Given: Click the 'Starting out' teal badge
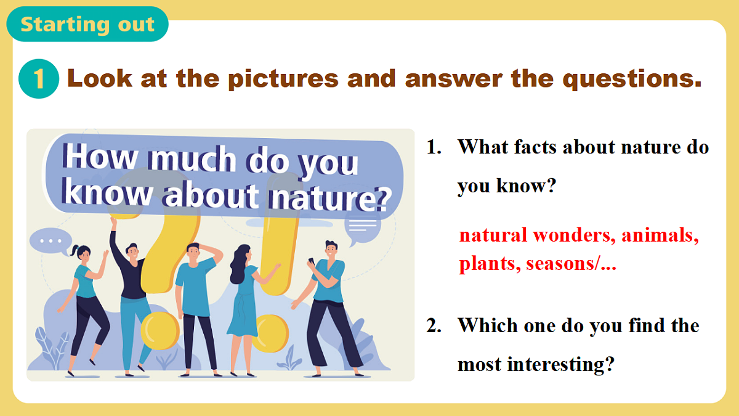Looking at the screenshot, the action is click(x=87, y=24).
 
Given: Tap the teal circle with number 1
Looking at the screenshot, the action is click(x=39, y=79).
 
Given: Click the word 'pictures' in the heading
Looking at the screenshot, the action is click(x=283, y=80).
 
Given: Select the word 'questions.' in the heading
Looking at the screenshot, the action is click(x=632, y=80).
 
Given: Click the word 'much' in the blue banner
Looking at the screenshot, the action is click(x=193, y=159).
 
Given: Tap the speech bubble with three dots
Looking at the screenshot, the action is click(x=50, y=241).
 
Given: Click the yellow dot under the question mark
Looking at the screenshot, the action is click(x=160, y=330).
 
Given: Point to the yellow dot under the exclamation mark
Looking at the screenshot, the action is click(x=271, y=333).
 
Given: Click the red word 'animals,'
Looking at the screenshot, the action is click(x=660, y=235).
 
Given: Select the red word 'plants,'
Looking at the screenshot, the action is click(x=490, y=264).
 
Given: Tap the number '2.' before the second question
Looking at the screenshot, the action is click(x=434, y=325).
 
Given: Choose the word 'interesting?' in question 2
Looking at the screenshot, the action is click(x=561, y=364).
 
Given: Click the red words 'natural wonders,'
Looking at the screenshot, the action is click(x=537, y=235).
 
